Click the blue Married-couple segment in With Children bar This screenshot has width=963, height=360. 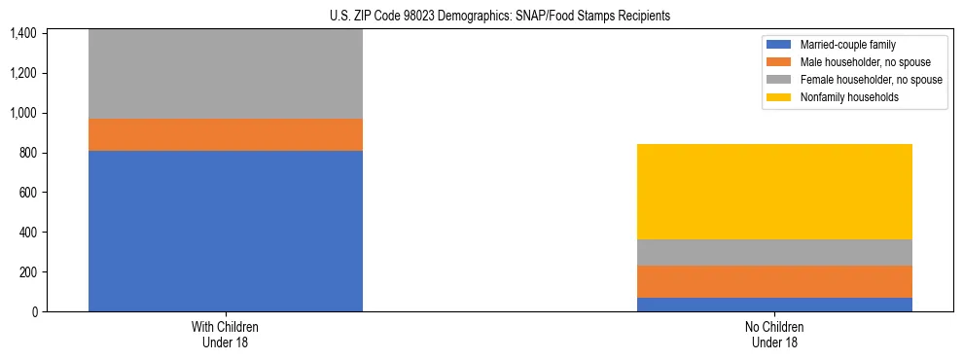tap(226, 231)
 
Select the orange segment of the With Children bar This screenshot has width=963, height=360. tap(226, 134)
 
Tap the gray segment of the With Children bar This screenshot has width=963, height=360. tap(226, 74)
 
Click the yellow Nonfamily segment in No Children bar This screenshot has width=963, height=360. tap(774, 192)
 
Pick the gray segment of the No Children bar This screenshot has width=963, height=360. tap(774, 252)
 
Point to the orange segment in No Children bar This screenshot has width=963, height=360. tap(774, 281)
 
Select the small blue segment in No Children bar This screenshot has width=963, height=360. tap(774, 305)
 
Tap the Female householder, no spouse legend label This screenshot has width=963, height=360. tap(871, 80)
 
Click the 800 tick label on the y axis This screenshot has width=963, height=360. tap(27, 153)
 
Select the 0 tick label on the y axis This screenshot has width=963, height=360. tap(35, 311)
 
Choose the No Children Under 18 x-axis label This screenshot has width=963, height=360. tap(774, 334)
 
